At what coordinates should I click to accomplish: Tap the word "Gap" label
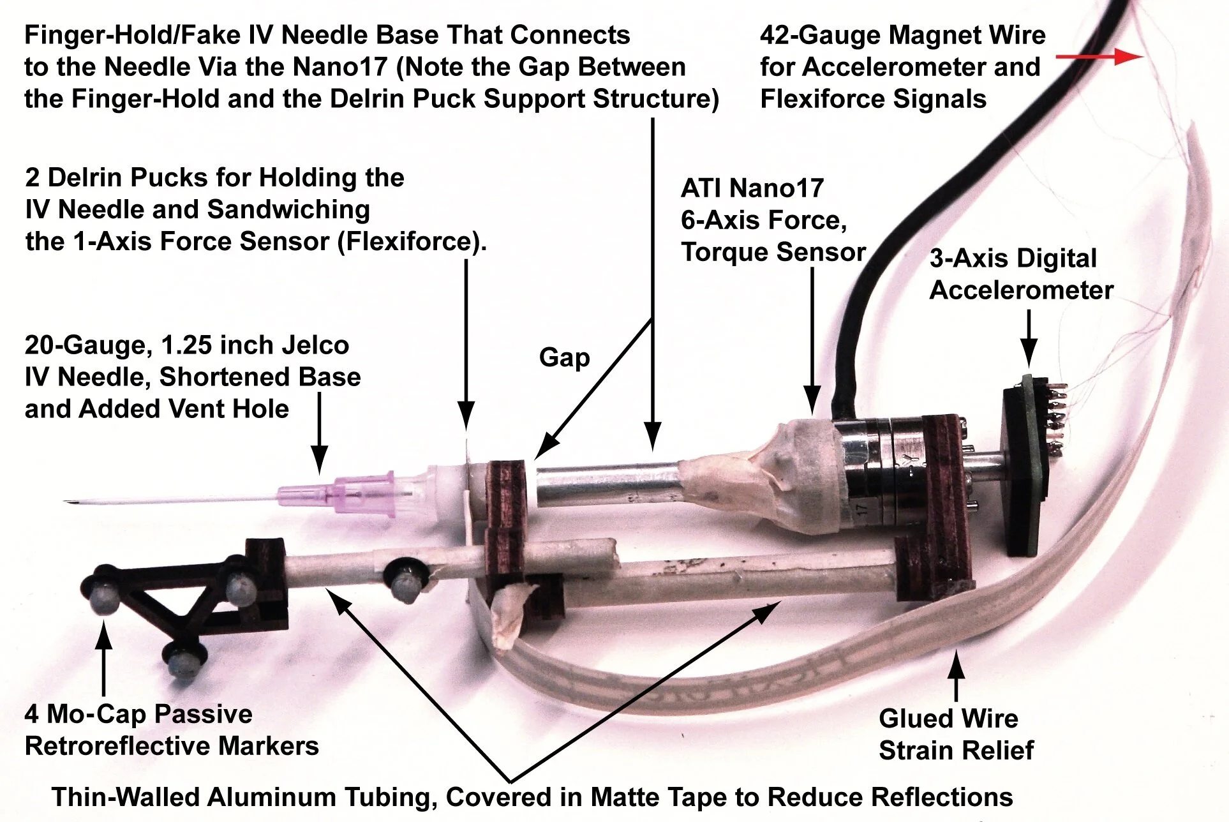(x=564, y=357)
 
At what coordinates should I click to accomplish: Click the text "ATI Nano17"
(x=752, y=188)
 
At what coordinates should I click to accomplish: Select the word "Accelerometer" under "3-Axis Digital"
(x=1021, y=290)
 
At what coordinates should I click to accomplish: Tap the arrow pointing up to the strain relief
(x=955, y=676)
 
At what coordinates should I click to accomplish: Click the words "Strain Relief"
(x=955, y=751)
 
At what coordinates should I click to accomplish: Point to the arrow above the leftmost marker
(x=103, y=657)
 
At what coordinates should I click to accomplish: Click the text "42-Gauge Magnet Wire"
(x=902, y=36)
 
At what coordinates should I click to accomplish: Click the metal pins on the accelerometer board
(x=1059, y=415)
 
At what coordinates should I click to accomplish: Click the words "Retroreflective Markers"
(x=171, y=746)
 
